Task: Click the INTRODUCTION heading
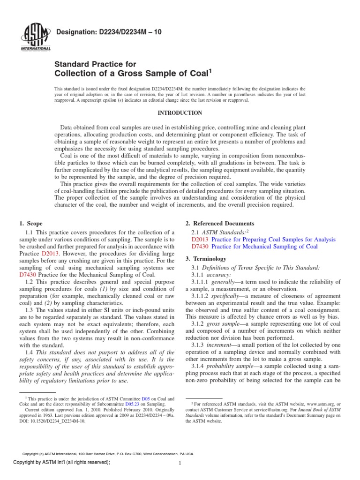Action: coord(180,113)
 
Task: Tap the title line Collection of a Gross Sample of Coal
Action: coord(133,73)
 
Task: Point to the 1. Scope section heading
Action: coord(31,223)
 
